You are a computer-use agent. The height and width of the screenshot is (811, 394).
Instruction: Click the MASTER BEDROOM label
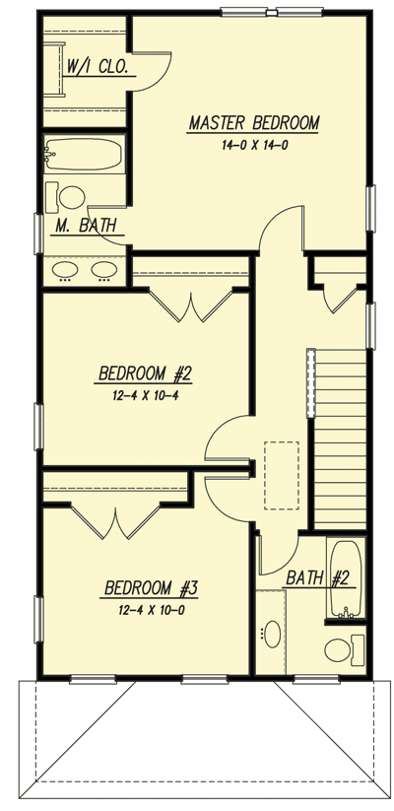point(254,124)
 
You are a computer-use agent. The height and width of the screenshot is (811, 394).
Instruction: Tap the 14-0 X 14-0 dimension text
point(254,145)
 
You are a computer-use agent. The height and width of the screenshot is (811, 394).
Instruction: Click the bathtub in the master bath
point(83,156)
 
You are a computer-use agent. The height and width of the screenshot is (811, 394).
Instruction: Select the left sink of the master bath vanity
point(67,268)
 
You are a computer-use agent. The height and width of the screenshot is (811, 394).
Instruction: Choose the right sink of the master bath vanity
point(102,268)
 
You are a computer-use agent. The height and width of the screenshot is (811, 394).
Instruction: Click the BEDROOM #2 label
point(144,374)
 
